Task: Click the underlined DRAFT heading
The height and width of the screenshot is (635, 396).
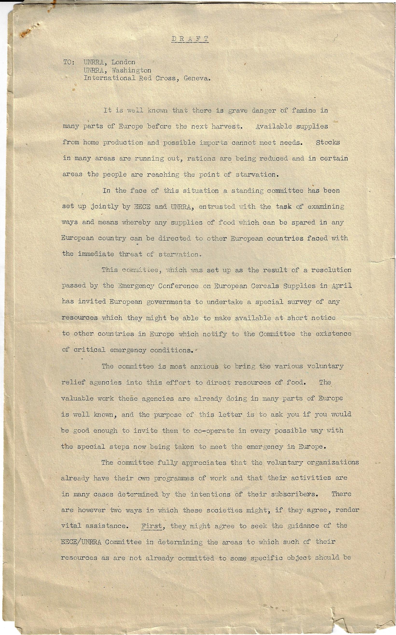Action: point(190,39)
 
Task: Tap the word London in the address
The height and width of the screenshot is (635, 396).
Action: point(123,62)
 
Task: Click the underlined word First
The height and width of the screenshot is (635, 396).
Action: point(152,526)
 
